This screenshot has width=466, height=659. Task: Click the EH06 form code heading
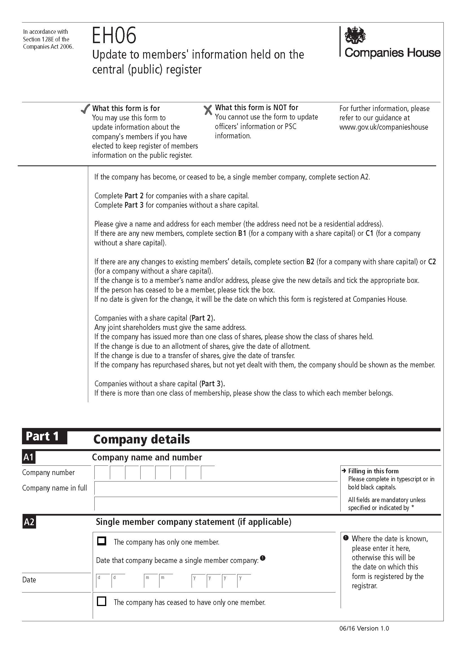114,35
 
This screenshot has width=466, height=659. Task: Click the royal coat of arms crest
355,35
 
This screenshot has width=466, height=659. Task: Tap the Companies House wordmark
392,53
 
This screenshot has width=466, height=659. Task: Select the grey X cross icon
208,110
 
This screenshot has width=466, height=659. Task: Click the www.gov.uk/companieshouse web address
384,127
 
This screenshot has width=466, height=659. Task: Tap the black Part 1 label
44,436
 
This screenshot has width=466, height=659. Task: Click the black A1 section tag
29,457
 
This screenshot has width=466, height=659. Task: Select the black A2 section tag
29,522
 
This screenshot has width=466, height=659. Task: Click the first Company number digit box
102,473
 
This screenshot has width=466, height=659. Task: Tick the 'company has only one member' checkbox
102,541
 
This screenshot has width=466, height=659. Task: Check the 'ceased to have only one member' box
102,601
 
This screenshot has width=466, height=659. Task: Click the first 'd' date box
103,581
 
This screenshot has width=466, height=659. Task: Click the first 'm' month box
151,581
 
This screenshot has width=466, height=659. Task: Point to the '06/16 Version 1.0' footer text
364,628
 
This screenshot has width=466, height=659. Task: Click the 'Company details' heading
141,440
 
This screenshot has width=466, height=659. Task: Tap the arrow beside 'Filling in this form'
344,471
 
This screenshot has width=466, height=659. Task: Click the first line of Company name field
216,488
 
